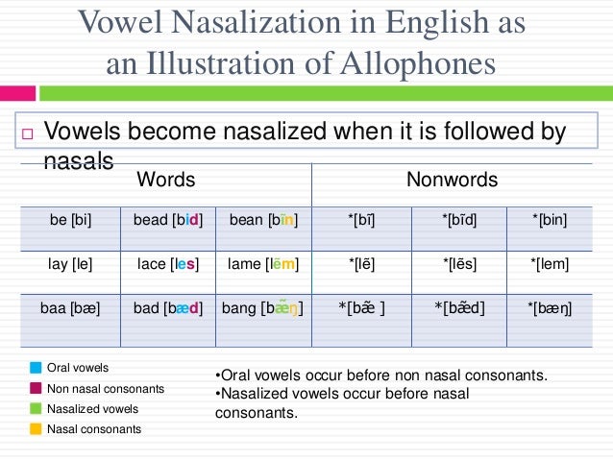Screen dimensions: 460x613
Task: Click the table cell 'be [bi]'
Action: pyautogui.click(x=70, y=221)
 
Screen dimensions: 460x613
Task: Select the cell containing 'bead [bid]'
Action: pyautogui.click(x=167, y=221)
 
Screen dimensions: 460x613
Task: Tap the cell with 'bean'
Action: pyautogui.click(x=263, y=221)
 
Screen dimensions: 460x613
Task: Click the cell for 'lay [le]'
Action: pyautogui.click(x=70, y=264)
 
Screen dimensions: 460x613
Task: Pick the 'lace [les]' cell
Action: pyautogui.click(x=167, y=264)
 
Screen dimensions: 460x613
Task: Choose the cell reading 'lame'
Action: pyautogui.click(x=263, y=264)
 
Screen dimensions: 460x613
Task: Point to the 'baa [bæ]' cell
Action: pyautogui.click(x=70, y=309)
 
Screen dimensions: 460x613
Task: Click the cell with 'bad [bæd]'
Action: pyautogui.click(x=167, y=309)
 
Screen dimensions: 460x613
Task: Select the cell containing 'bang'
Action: pyautogui.click(x=263, y=309)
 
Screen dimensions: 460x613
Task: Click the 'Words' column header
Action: pyautogui.click(x=166, y=181)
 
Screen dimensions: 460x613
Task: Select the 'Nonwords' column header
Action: pyautogui.click(x=453, y=181)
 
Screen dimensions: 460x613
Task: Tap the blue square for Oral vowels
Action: pyautogui.click(x=37, y=368)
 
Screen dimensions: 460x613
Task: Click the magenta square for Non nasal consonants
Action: pyautogui.click(x=37, y=388)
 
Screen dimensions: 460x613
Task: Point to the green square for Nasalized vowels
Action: pyautogui.click(x=37, y=408)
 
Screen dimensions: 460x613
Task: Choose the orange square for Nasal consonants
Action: pyautogui.click(x=37, y=428)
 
